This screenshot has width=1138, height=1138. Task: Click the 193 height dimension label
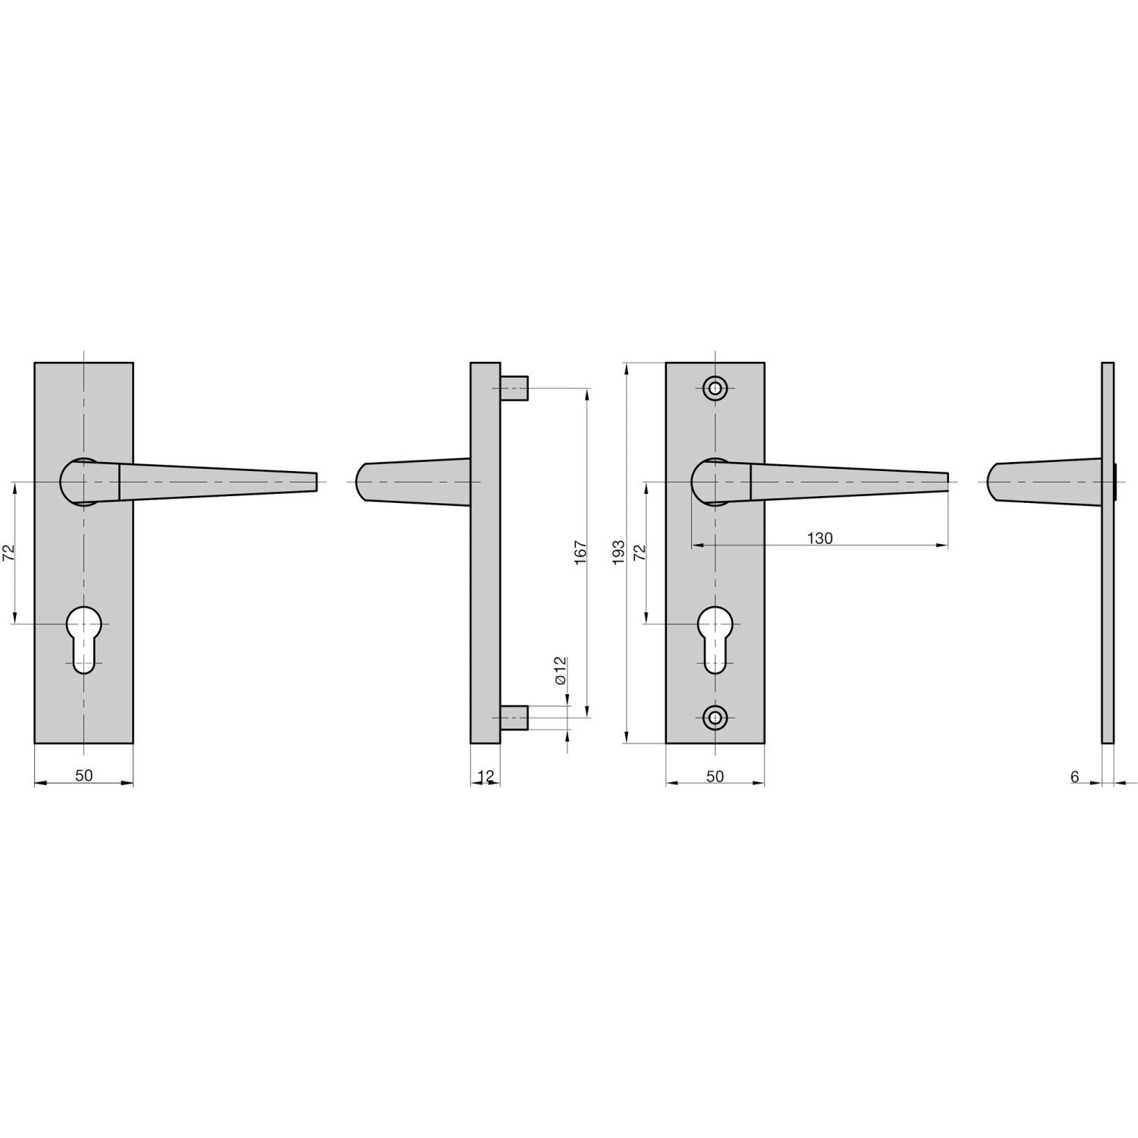618,551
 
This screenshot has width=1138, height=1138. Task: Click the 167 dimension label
581,552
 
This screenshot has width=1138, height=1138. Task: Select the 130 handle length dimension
819,538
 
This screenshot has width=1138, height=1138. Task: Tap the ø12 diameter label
561,671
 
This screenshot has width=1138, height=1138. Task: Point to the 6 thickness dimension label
1074,777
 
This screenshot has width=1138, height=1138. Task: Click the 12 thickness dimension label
486,775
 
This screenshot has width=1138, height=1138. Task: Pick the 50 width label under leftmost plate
83,775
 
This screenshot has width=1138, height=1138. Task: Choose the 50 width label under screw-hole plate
715,776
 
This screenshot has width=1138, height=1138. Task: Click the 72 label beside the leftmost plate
9,552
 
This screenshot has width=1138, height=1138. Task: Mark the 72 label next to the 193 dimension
640,552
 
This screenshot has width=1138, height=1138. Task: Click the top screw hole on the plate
715,388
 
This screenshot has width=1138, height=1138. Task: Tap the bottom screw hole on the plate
715,716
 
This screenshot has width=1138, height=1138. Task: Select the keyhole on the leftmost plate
83,638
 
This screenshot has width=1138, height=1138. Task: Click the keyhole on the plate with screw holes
715,638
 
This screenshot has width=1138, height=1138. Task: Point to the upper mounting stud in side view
514,388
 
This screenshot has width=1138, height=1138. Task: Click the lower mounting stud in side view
514,716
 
